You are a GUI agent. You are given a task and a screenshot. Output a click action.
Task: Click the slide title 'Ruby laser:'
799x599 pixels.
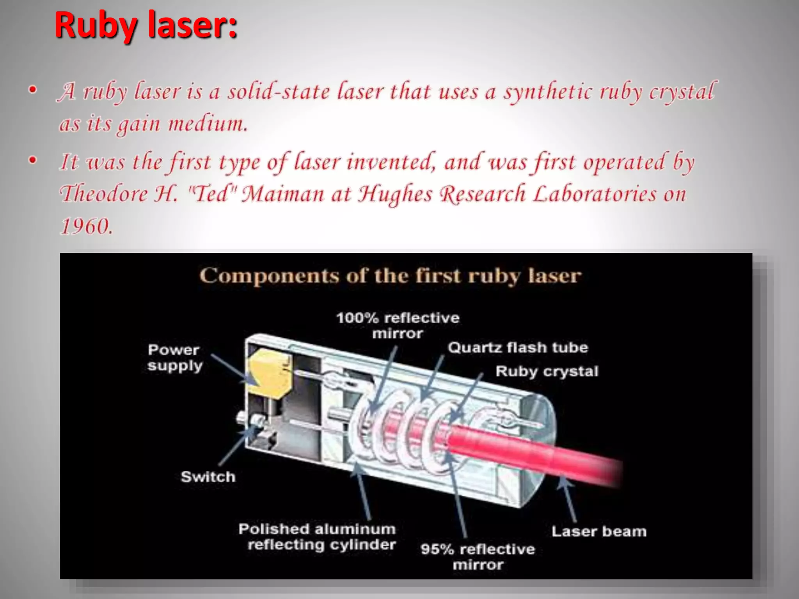point(146,26)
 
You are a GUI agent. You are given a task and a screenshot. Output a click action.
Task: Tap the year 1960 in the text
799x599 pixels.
point(87,226)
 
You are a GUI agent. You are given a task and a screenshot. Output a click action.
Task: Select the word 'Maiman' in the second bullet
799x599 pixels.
point(283,194)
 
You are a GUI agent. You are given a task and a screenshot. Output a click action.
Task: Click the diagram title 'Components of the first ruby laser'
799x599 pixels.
point(391,276)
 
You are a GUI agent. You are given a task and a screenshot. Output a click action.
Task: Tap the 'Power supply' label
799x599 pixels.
point(174,358)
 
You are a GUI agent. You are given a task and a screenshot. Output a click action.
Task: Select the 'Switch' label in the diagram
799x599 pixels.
point(208,477)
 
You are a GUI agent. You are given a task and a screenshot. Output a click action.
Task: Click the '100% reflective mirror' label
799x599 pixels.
point(398,326)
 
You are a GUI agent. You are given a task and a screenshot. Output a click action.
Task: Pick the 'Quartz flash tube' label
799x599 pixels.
point(518,347)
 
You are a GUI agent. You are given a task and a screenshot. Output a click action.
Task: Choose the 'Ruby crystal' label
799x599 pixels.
point(547,371)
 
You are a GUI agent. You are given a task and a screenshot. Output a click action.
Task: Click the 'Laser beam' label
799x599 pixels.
point(599,531)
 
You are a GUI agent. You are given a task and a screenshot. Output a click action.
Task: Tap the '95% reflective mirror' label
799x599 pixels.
point(478,556)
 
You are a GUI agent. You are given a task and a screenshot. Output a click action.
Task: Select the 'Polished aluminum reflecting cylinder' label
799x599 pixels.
point(317,537)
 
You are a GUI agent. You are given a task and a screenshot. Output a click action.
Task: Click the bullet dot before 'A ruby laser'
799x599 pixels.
point(33,90)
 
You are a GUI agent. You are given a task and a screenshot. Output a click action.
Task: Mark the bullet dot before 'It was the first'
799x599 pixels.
point(33,160)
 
